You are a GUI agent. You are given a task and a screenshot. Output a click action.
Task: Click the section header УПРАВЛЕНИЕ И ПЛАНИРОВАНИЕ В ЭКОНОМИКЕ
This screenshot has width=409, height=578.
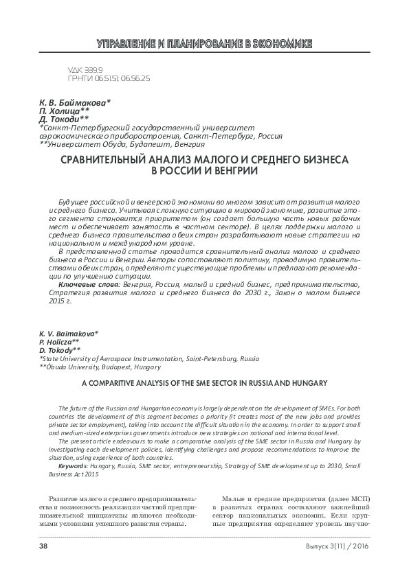pos(204,44)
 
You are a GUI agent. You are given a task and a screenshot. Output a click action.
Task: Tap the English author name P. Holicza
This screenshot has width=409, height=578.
pos(58,341)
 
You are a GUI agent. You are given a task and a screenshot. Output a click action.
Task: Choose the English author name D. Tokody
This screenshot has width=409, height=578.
pos(59,349)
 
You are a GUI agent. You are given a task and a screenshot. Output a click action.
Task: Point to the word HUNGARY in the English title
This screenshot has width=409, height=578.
pos(308,382)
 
